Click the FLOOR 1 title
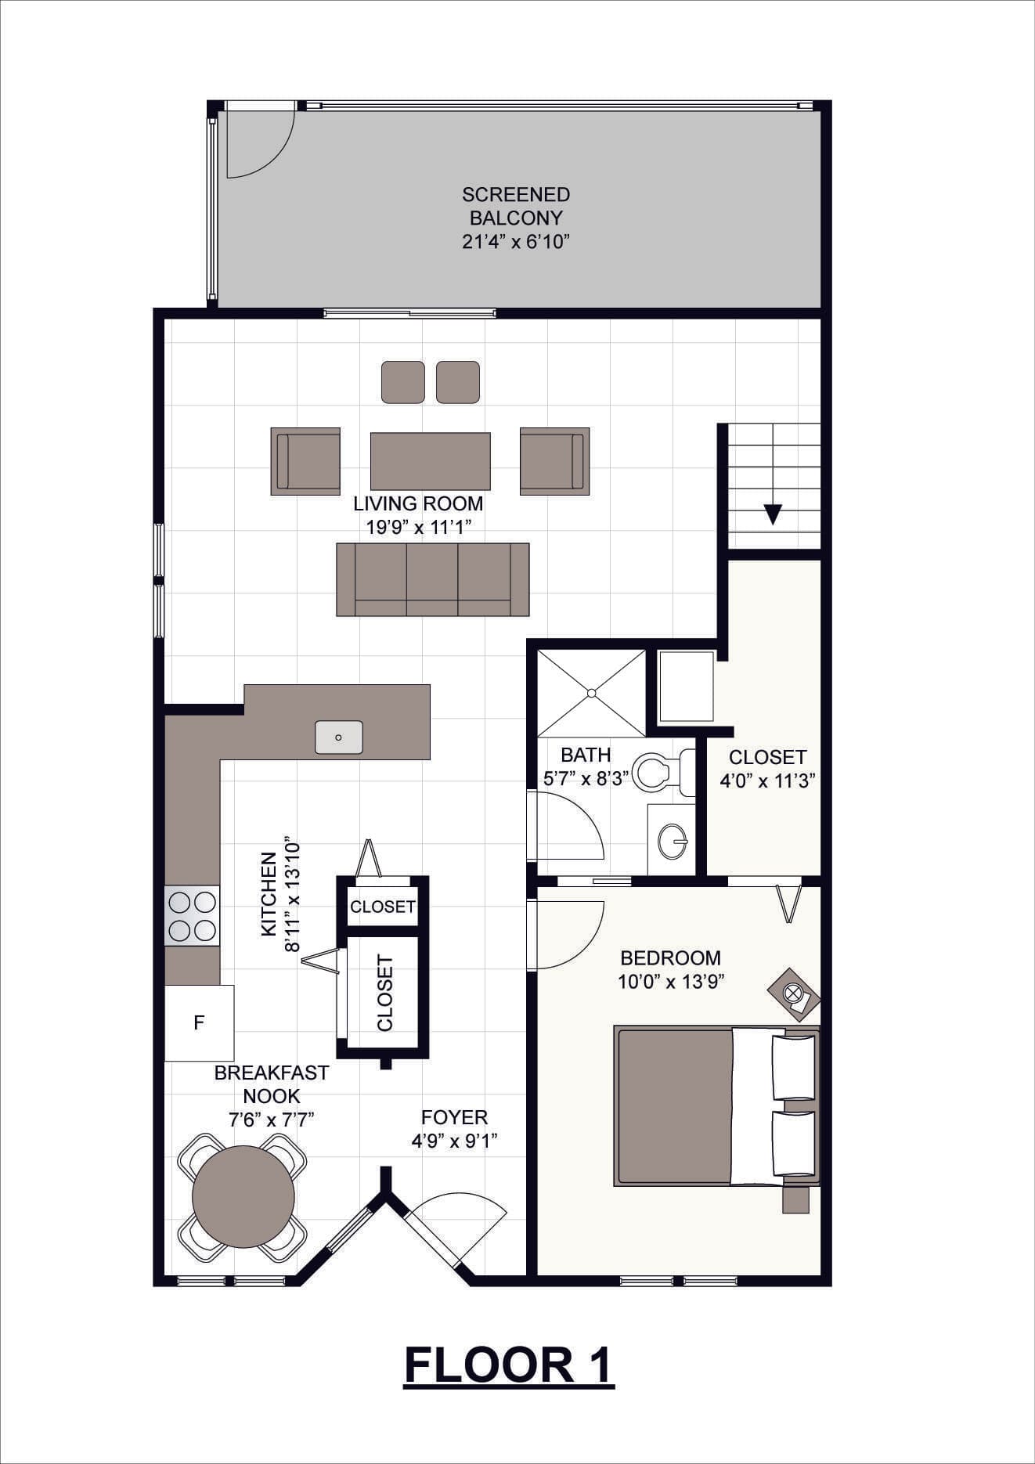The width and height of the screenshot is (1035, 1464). click(x=509, y=1365)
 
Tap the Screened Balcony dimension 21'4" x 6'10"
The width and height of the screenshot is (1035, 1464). click(x=515, y=241)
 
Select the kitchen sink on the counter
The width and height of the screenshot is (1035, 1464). click(x=339, y=737)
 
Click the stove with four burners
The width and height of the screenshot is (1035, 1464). click(x=192, y=916)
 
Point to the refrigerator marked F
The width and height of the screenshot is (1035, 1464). click(x=200, y=1022)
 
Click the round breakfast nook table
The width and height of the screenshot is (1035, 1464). click(x=243, y=1196)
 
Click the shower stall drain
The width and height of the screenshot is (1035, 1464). click(x=592, y=693)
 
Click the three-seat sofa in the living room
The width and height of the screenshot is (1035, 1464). click(x=433, y=579)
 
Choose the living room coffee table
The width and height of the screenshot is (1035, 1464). click(x=431, y=461)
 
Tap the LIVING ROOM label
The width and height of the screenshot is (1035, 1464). click(x=418, y=503)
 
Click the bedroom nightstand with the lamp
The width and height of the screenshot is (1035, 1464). click(x=793, y=995)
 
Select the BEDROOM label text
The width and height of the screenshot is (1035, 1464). click(x=670, y=957)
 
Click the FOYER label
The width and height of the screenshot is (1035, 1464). click(x=454, y=1117)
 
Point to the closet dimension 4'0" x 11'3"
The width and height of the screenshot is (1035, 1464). click(x=767, y=781)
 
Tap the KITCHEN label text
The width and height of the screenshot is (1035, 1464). click(x=269, y=893)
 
